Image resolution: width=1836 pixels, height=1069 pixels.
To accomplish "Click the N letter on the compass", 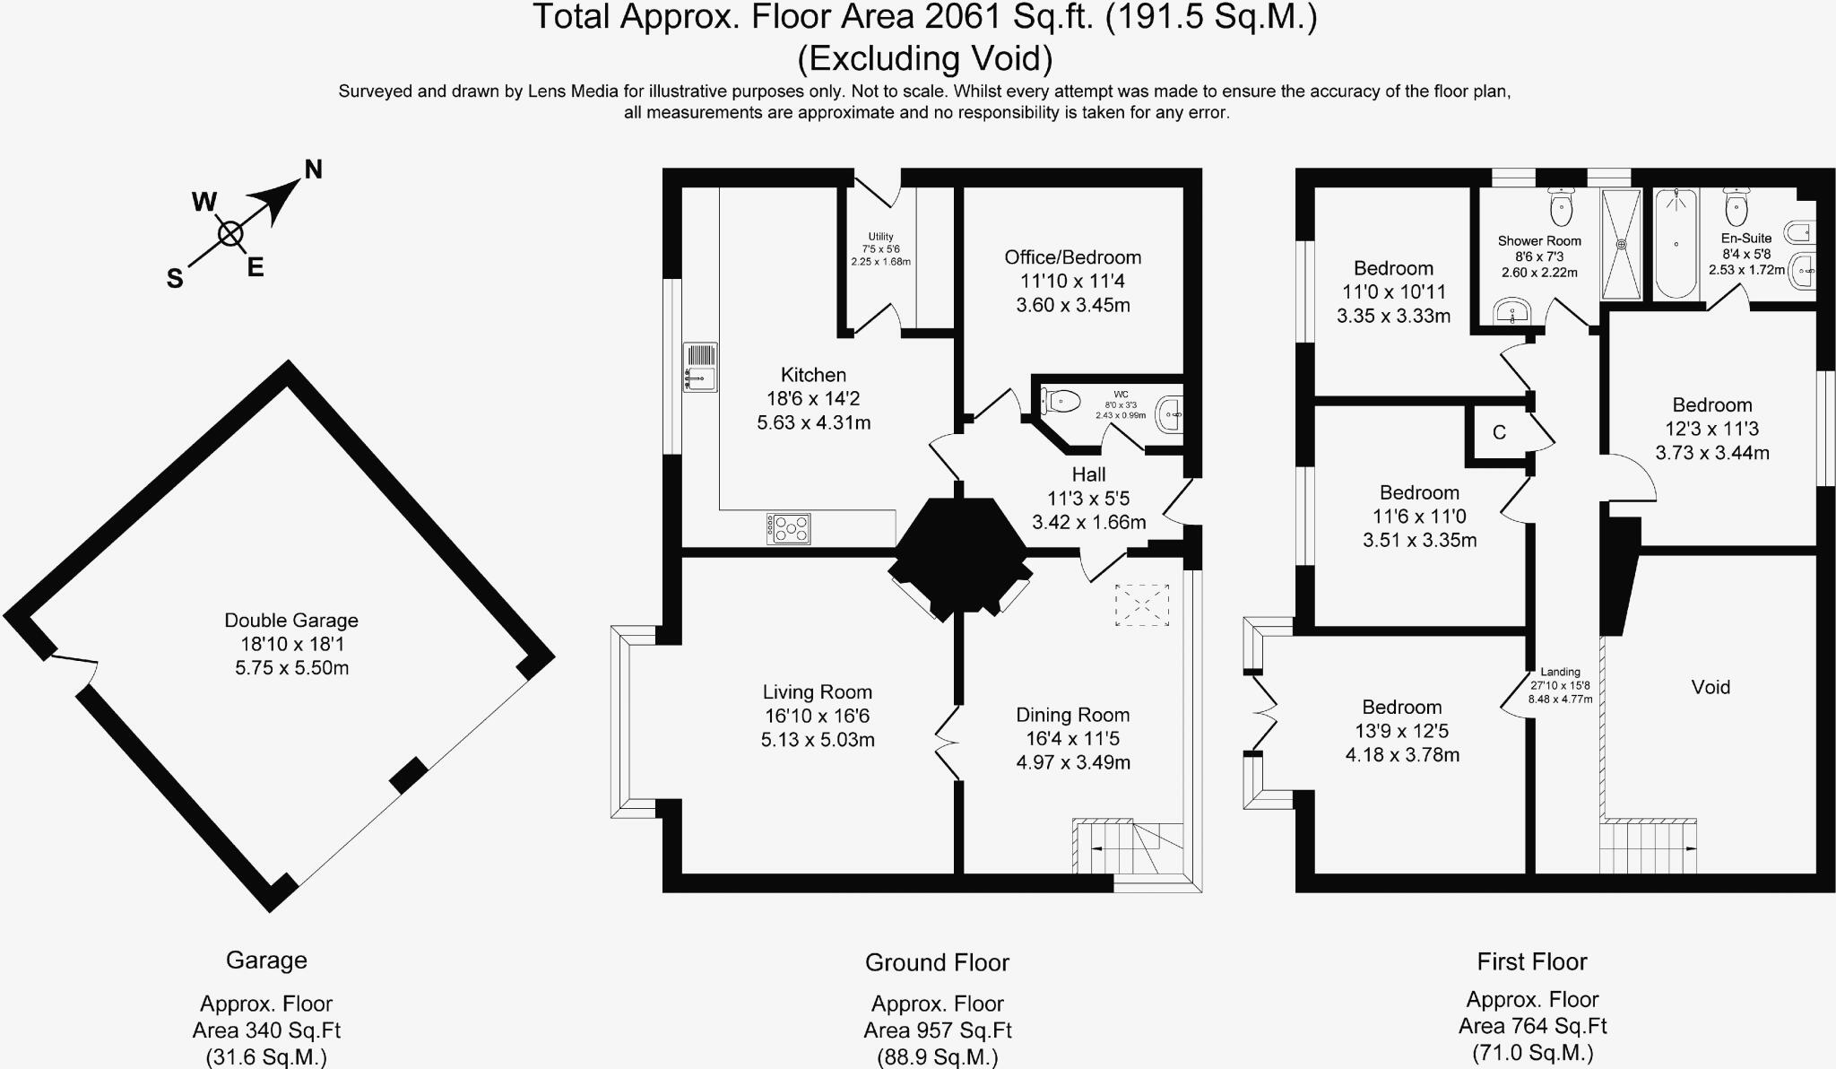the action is pos(313,169).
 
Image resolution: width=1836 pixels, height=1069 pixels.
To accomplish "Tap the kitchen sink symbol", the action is pos(700,367).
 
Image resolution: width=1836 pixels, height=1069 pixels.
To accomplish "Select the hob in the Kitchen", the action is pos(788,528).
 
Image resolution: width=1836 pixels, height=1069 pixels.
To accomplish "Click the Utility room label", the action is pos(880,237).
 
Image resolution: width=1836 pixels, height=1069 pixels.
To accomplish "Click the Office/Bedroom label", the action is pos(1073,257).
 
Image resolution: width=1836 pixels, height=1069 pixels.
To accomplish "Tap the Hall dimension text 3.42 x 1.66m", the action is pos(1089,522).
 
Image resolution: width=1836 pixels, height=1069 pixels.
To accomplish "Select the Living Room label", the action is pos(818,691).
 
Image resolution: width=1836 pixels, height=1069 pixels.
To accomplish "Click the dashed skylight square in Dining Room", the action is pos(1142,604).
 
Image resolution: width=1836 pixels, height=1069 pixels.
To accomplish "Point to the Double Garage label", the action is pos(291,620).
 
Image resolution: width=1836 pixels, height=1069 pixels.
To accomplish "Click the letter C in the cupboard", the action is pos(1499,432).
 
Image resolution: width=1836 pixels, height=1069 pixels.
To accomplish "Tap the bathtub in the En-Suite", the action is pos(1676,243).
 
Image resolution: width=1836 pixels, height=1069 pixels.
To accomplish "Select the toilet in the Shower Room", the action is pos(1562,208).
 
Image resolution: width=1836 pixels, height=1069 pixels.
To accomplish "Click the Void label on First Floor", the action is pos(1710,687).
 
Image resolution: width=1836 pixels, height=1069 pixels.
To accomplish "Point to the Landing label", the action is pos(1561,672).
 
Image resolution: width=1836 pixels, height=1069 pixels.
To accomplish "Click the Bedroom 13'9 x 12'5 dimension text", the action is pos(1402,731).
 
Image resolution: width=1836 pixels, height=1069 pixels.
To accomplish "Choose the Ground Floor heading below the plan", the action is pos(937,963).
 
